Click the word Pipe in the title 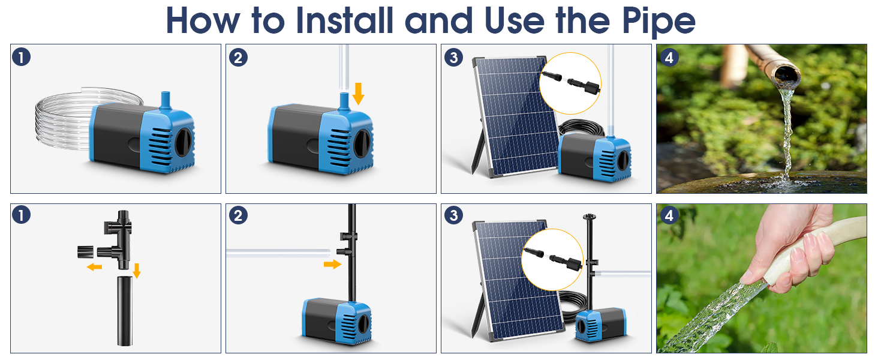coord(659,20)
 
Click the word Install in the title coord(344,20)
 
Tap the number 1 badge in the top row coord(21,57)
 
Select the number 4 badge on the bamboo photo coord(669,58)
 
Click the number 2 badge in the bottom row coord(238,215)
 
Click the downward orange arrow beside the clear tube coord(358,94)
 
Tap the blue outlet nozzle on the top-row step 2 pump coord(344,101)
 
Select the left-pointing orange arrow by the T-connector coord(94,267)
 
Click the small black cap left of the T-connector coord(85,251)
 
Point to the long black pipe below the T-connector coord(125,311)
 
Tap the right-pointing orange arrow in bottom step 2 coord(332,265)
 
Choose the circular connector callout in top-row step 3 coord(570,83)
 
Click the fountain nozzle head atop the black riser coord(589,217)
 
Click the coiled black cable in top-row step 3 coord(581,128)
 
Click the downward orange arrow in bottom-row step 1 coord(136,271)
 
